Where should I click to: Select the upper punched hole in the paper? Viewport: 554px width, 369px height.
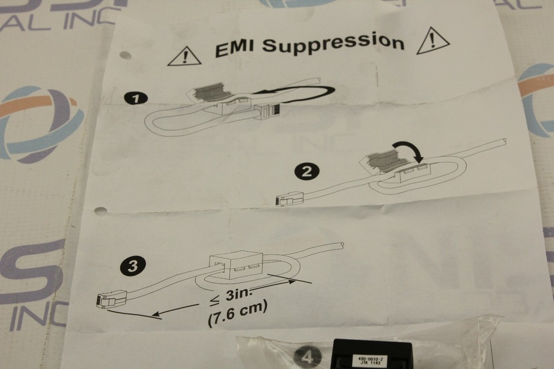[125, 56]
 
